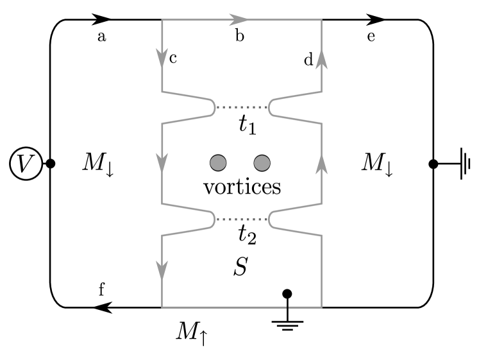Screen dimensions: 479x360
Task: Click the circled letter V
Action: pyautogui.click(x=26, y=164)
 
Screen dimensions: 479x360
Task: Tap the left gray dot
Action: pyautogui.click(x=218, y=163)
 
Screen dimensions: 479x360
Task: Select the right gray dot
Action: pyautogui.click(x=262, y=163)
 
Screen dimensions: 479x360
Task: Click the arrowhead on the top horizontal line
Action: pyautogui.click(x=239, y=20)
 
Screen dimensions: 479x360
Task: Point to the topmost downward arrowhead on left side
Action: pyautogui.click(x=162, y=57)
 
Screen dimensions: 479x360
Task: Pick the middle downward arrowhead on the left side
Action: pyautogui.click(x=162, y=162)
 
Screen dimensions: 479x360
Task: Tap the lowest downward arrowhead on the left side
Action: pyautogui.click(x=162, y=270)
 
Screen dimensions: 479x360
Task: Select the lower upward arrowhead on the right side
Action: pyautogui.click(x=321, y=164)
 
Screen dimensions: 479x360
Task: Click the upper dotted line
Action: pyautogui.click(x=242, y=107)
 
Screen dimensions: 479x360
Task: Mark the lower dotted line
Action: pyautogui.click(x=242, y=219)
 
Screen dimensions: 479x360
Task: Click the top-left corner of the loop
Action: pyautogui.click(x=162, y=20)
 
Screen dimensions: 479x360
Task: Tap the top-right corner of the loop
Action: pyautogui.click(x=321, y=20)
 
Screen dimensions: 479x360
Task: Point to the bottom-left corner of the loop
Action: pyautogui.click(x=162, y=307)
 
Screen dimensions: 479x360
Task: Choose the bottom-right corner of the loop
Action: pyautogui.click(x=321, y=307)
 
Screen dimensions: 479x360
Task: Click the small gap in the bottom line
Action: pyautogui.click(x=287, y=307)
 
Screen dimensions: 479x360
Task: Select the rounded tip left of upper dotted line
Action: pyautogui.click(x=214, y=107)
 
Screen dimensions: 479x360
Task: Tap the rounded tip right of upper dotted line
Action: pyautogui.click(x=270, y=107)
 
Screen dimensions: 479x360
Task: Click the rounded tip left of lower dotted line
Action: pyautogui.click(x=214, y=219)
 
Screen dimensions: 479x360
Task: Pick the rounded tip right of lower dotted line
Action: pyautogui.click(x=270, y=219)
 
